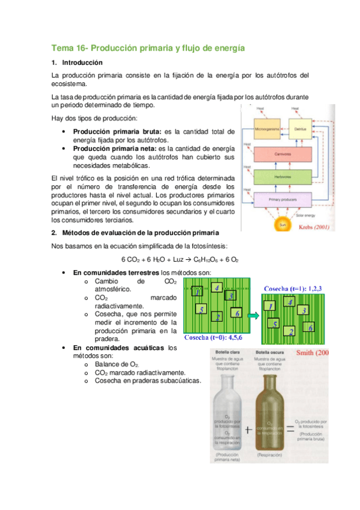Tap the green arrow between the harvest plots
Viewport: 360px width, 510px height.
[x=254, y=315]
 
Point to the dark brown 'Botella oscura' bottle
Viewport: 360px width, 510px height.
[x=273, y=415]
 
